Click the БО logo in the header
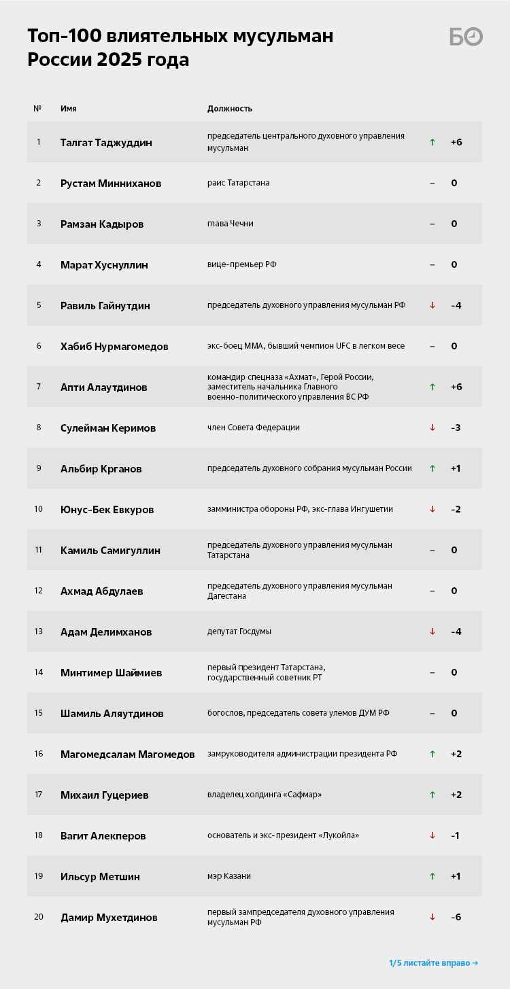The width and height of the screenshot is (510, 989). (x=466, y=37)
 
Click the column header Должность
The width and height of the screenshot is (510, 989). (x=230, y=109)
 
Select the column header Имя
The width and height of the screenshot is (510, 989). (x=68, y=109)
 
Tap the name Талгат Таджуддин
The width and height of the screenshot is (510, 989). (x=106, y=143)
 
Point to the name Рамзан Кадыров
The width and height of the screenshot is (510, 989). (x=102, y=224)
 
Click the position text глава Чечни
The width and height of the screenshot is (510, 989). (x=231, y=224)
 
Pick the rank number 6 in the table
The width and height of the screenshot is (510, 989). (x=39, y=346)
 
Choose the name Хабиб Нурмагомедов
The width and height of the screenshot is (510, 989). (x=114, y=347)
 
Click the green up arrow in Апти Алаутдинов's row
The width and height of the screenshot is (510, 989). (x=432, y=387)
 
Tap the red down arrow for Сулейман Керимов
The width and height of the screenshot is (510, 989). (x=432, y=428)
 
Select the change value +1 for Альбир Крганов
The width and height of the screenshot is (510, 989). (x=455, y=468)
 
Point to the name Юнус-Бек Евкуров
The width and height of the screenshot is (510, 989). (x=107, y=510)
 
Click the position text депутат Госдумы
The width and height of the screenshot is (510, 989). (x=239, y=631)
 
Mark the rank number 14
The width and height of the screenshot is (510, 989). (x=39, y=672)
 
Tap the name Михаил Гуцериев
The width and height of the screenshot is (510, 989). (x=105, y=795)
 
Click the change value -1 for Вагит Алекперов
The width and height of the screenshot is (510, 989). (x=455, y=835)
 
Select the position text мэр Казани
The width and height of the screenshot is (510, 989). (x=229, y=876)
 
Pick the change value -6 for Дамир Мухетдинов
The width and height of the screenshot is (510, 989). (x=456, y=917)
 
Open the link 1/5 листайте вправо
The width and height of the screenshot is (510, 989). (x=433, y=962)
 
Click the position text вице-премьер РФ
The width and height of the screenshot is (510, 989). (x=242, y=264)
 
